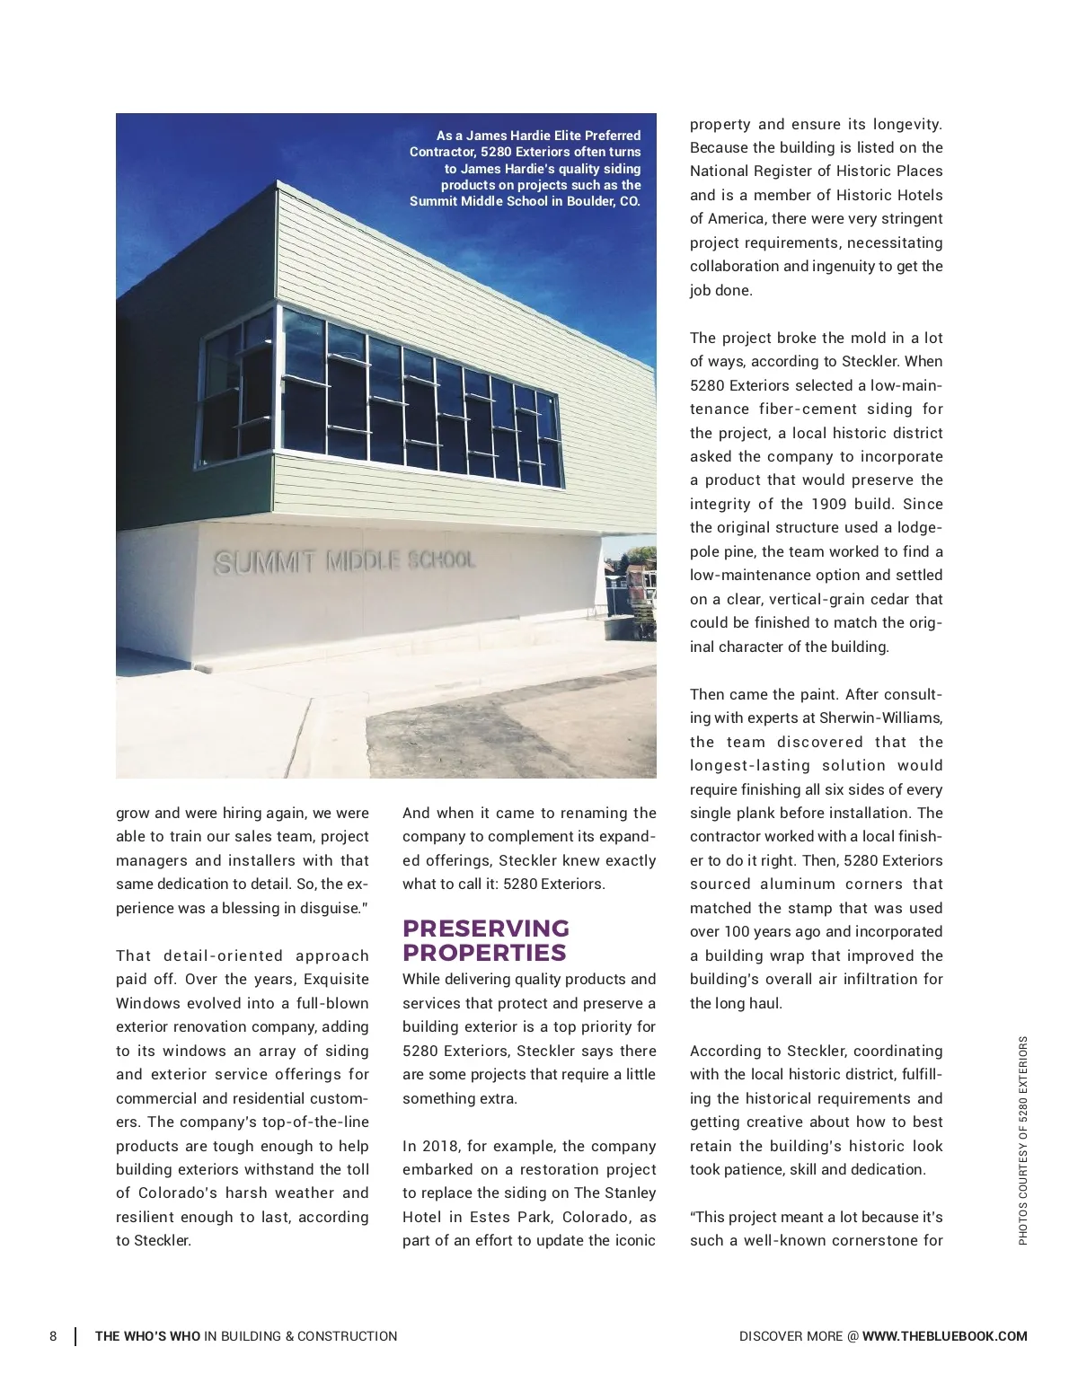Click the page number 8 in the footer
53,1336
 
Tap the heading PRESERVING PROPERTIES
485,940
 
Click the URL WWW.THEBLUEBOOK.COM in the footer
944,1336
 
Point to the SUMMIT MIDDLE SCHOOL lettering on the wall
344,561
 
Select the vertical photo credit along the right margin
1023,1140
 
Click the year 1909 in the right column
828,504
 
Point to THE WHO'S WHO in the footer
147,1336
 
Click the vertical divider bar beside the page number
75,1336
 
